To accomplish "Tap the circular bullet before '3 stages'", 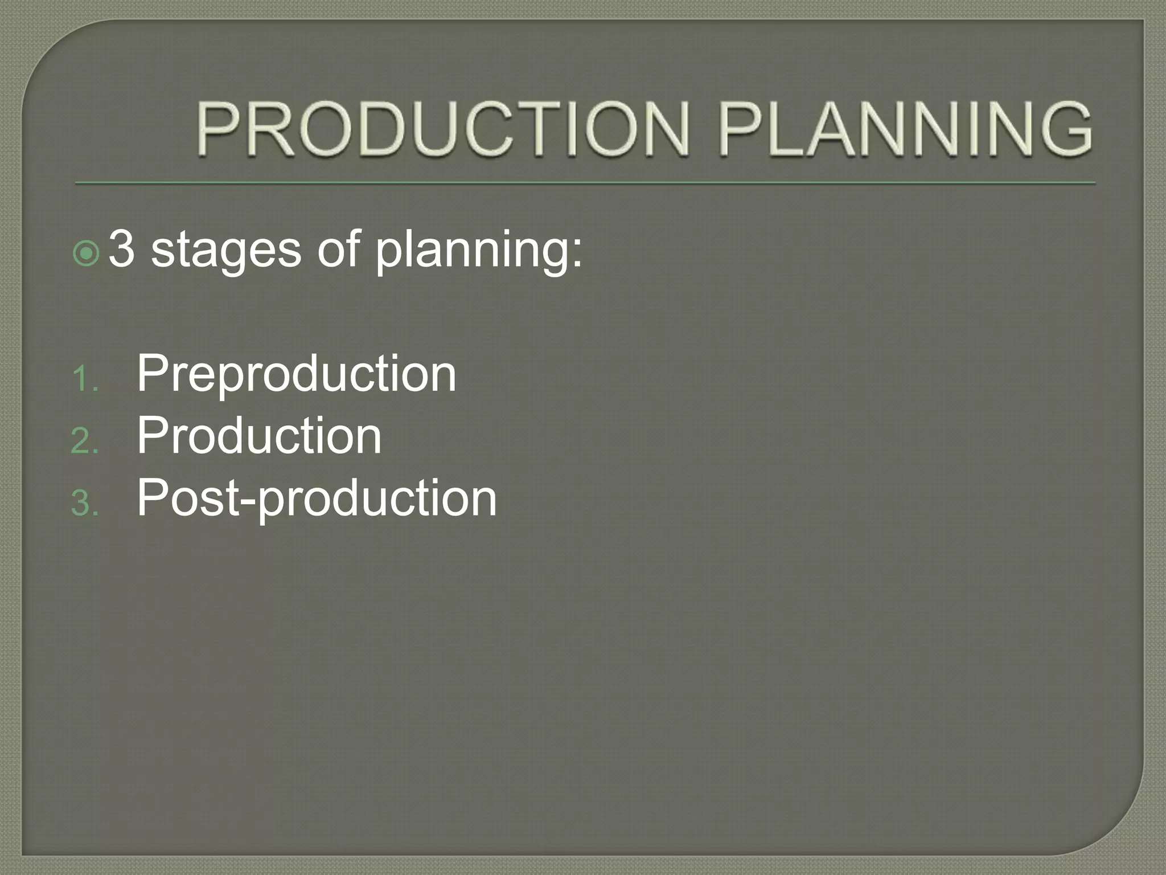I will (x=87, y=253).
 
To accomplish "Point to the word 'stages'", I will (x=225, y=251).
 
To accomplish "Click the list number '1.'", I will (x=85, y=379).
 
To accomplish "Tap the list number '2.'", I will (x=85, y=441).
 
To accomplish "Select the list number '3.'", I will (x=85, y=504).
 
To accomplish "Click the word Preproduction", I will (x=296, y=374).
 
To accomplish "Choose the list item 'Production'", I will (x=259, y=436).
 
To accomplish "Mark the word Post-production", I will (x=317, y=499).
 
